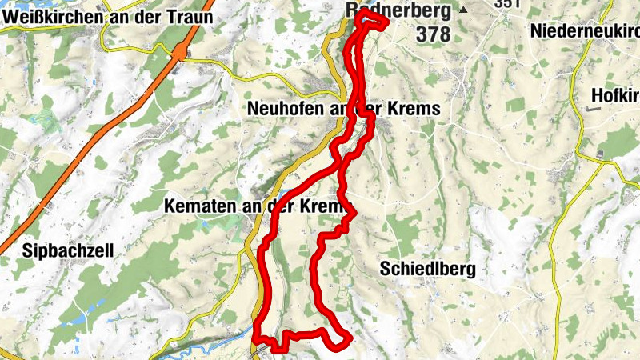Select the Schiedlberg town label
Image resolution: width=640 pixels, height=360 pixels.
428,268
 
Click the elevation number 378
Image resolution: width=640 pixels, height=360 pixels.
433,34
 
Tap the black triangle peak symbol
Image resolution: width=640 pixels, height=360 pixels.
463,10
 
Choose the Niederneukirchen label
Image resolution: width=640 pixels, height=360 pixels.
584,31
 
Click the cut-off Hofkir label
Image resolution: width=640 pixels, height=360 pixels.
614,96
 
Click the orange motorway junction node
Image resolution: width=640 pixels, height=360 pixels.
183,54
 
